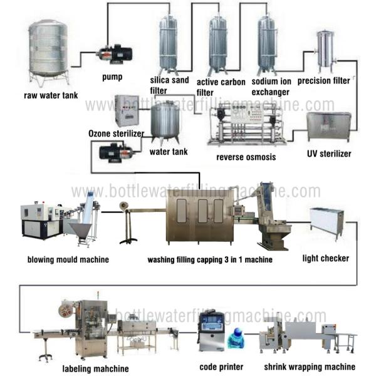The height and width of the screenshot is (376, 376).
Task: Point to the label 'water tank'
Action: [169, 152]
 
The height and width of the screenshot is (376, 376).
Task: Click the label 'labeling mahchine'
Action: [96, 368]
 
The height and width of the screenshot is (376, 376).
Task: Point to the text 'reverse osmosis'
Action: [246, 157]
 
